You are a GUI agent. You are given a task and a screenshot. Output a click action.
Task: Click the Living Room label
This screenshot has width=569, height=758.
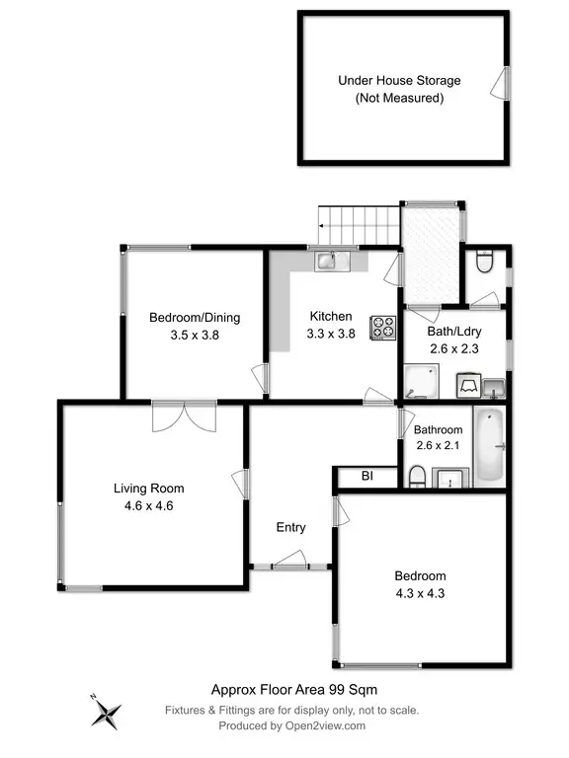coord(148,488)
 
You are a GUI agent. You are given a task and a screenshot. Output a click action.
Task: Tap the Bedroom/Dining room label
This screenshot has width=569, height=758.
coord(195,317)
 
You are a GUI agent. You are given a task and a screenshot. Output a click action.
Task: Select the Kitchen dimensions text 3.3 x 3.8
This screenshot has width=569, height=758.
coord(331,334)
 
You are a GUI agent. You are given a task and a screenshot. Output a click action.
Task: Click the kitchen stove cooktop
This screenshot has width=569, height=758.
coord(382,327)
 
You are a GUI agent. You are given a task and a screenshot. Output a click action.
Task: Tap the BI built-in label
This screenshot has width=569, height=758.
coord(366,477)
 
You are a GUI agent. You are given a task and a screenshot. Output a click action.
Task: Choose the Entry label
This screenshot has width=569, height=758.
coord(290,527)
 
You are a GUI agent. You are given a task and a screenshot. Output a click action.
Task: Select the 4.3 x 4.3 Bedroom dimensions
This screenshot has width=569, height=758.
coord(420,593)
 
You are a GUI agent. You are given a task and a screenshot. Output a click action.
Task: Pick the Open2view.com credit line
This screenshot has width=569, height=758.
coord(293,725)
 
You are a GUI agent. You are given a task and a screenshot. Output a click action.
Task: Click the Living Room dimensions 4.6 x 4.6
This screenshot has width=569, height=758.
coord(148,504)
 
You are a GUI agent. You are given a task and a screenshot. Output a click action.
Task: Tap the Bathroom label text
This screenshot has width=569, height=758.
coord(438,430)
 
